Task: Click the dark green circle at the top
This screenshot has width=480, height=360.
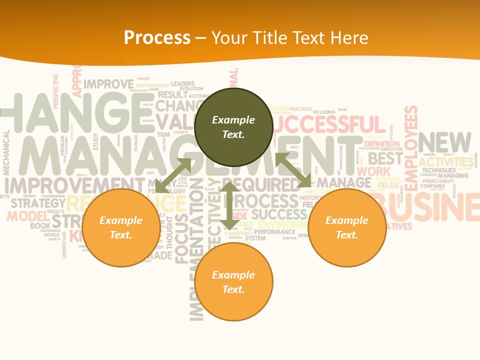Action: pyautogui.click(x=233, y=127)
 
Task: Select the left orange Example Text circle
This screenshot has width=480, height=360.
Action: pyautogui.click(x=121, y=227)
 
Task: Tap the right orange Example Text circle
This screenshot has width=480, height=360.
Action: pyautogui.click(x=347, y=227)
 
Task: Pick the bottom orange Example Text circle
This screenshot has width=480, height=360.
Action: pyautogui.click(x=233, y=282)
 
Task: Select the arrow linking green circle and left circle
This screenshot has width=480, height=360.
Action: pyautogui.click(x=173, y=175)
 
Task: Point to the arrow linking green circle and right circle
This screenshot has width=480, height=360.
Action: pyautogui.click(x=293, y=170)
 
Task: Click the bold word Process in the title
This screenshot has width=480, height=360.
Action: pyautogui.click(x=157, y=37)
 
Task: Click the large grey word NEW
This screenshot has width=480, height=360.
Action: pyautogui.click(x=444, y=142)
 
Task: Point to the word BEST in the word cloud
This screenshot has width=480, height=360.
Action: pyautogui.click(x=385, y=158)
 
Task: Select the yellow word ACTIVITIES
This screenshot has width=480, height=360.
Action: pyautogui.click(x=446, y=162)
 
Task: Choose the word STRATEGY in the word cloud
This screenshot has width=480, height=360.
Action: pyautogui.click(x=38, y=203)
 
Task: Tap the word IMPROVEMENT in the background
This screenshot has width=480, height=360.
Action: pyautogui.click(x=67, y=185)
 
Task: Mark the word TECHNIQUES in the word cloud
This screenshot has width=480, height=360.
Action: pyautogui.click(x=438, y=170)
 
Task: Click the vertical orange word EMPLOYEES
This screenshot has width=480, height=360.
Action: pyautogui.click(x=410, y=148)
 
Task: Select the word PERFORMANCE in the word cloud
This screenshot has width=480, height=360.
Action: pyautogui.click(x=274, y=232)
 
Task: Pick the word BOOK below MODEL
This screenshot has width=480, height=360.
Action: pyautogui.click(x=40, y=226)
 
